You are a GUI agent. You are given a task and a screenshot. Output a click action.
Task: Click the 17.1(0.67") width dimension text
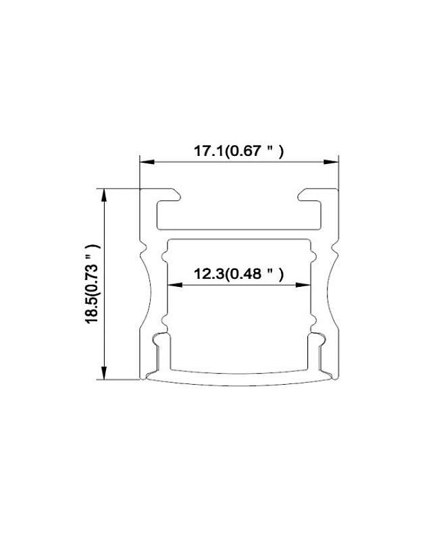(x=238, y=152)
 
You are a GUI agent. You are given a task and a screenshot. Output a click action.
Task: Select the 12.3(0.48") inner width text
(x=238, y=274)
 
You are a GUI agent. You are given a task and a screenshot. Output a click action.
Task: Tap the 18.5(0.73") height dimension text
(x=93, y=284)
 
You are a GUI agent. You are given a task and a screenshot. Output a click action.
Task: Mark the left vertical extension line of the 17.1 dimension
(x=140, y=173)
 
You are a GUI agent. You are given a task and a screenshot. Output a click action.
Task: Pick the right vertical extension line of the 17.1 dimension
(x=338, y=173)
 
